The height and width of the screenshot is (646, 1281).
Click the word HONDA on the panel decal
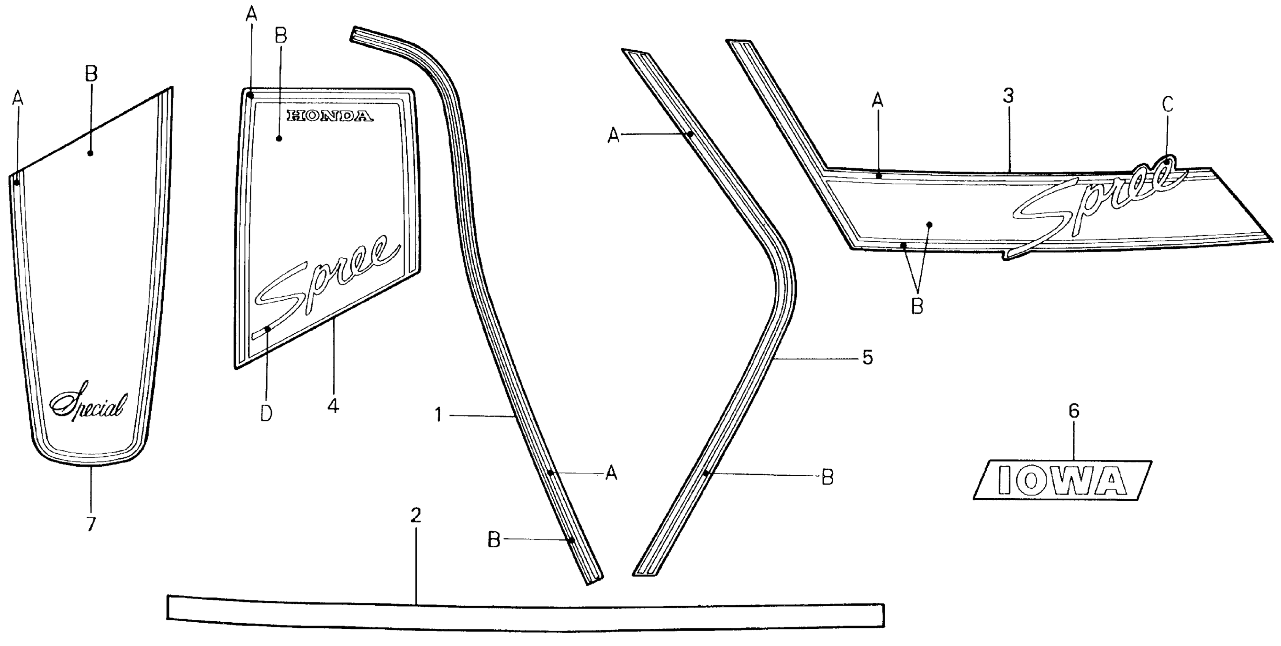329,116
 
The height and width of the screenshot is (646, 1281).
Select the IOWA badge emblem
1061,480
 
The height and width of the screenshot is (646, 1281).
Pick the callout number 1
438,414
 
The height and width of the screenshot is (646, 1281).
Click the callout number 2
416,516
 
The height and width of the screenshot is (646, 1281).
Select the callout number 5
867,357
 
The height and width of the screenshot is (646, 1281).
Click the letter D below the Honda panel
266,413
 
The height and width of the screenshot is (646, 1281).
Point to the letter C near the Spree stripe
1167,104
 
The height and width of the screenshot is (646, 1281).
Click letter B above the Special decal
91,74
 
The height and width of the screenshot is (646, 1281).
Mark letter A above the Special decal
18,98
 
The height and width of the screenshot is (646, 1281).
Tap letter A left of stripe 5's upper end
614,135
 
